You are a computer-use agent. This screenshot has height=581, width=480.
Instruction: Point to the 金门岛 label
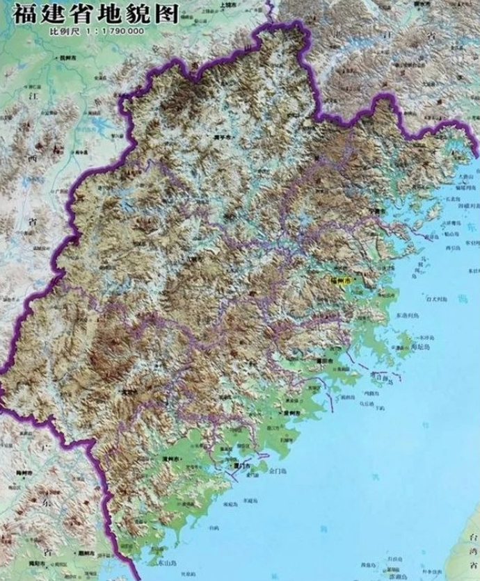point(278,470)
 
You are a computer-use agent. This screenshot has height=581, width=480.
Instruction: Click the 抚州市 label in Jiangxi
point(67,57)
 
